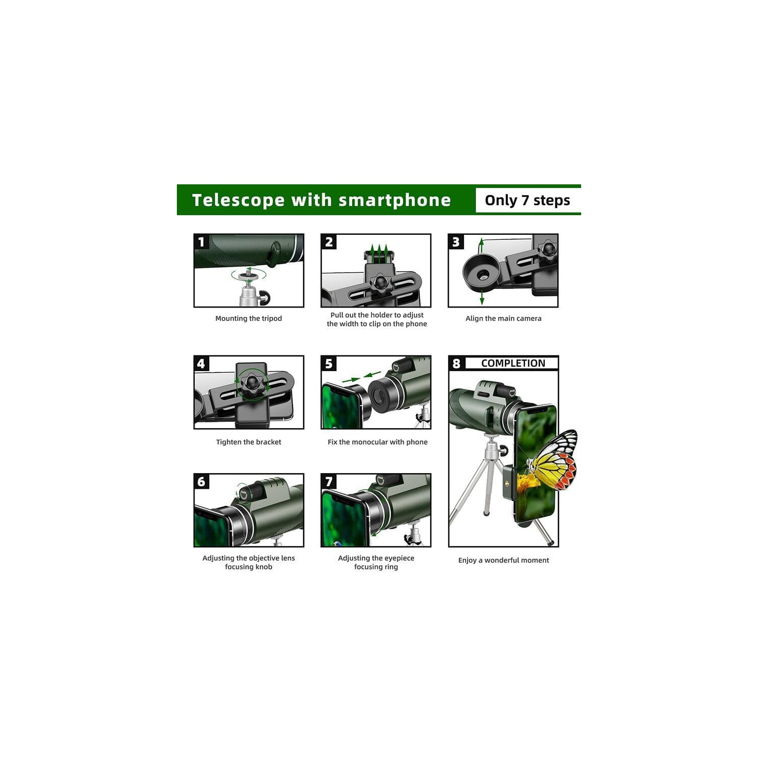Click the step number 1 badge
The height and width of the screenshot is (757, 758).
202,242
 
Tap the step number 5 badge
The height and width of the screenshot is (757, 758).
329,364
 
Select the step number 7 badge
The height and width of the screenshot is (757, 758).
329,482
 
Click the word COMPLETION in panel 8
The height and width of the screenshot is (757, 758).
513,363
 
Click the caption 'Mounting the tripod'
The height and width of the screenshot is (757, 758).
249,319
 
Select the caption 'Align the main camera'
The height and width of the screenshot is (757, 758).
503,319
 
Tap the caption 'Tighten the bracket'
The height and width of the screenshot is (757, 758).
249,442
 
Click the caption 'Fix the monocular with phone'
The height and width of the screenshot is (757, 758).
377,442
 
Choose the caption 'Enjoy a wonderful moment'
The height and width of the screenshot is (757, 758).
503,560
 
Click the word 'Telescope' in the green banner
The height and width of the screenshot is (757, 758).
239,200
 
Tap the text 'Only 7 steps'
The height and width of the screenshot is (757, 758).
528,200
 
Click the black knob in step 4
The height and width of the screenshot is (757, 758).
251,385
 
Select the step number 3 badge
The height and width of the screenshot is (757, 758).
456,242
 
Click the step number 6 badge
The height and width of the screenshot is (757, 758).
202,482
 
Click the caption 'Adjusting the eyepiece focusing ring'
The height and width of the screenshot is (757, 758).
376,563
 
